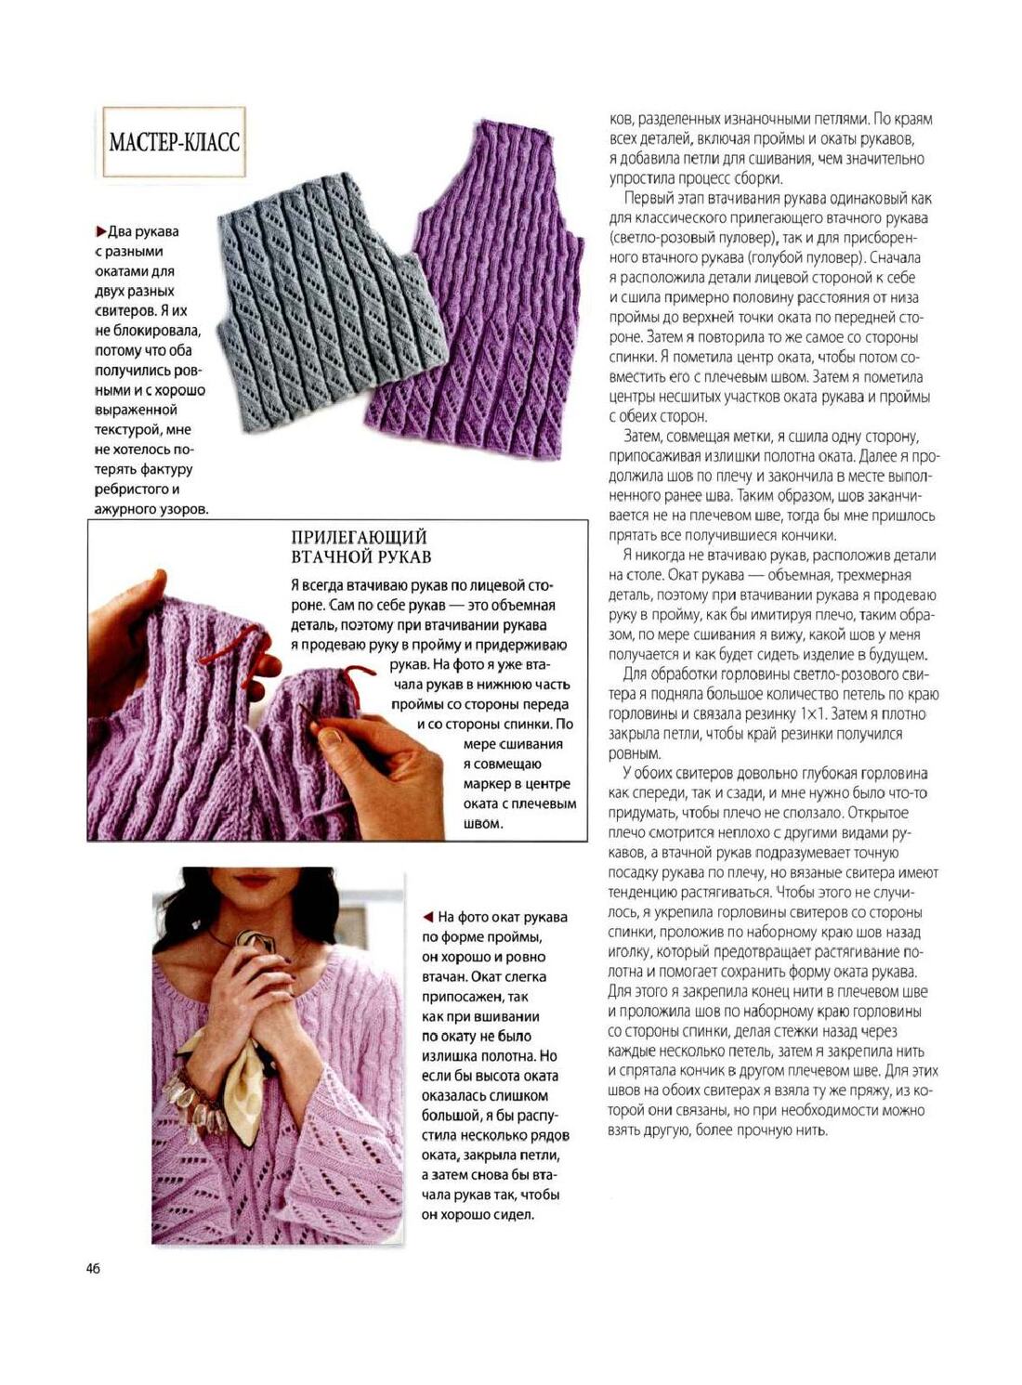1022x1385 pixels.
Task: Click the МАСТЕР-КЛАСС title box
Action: (174, 142)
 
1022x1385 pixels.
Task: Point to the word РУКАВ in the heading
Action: (405, 557)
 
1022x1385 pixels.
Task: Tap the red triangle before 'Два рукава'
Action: (100, 231)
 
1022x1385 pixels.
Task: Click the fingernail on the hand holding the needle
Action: (331, 738)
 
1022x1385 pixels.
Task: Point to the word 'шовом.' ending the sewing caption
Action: (482, 824)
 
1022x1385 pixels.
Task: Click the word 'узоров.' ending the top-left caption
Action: (184, 509)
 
